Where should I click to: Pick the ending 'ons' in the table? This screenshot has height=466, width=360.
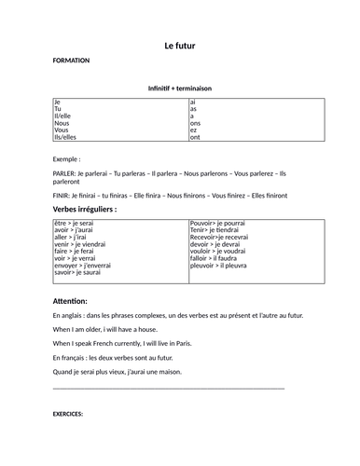tap(195, 121)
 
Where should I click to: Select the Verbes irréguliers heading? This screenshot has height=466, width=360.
tap(85, 210)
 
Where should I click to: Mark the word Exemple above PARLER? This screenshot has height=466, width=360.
tap(68, 158)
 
